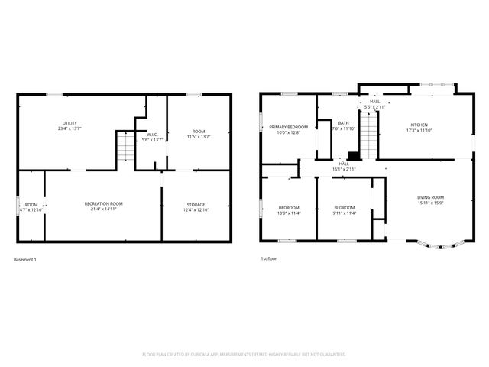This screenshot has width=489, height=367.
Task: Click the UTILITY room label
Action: [70, 123]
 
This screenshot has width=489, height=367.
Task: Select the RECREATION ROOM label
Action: [103, 203]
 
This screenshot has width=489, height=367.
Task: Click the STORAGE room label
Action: [196, 204]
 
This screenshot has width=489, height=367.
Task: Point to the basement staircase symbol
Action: [124, 146]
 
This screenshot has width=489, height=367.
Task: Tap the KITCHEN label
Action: [419, 125]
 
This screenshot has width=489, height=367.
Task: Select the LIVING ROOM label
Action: [430, 198]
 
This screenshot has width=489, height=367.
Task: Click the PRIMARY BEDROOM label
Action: [288, 127]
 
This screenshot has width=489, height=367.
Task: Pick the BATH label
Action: [344, 123]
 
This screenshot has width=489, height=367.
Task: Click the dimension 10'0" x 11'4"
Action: [289, 213]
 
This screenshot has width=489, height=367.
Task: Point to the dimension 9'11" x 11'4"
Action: [344, 213]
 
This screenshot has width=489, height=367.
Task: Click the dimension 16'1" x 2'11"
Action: [344, 168]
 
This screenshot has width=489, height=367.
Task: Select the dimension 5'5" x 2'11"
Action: [374, 107]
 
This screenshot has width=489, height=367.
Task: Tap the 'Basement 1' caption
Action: [25, 259]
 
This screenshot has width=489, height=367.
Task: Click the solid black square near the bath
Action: [352, 154]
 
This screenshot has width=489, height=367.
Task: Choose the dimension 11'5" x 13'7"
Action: [199, 137]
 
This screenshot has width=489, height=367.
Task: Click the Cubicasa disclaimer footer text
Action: [244, 355]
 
